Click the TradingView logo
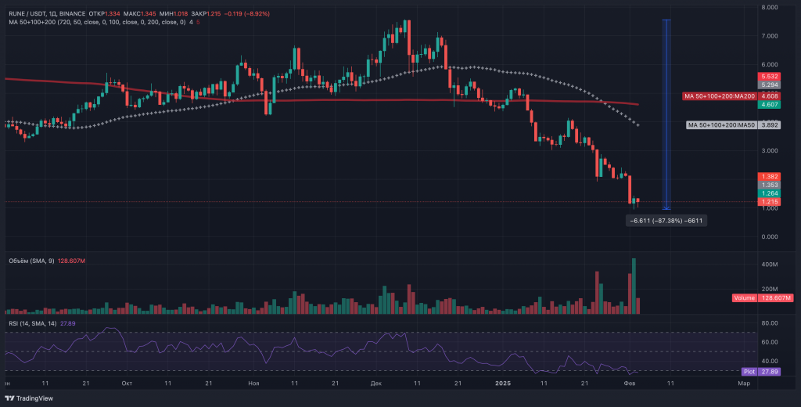click(31, 398)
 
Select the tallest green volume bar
click(634, 286)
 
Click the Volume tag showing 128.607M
click(763, 298)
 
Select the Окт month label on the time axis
click(128, 384)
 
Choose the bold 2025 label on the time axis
click(504, 384)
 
